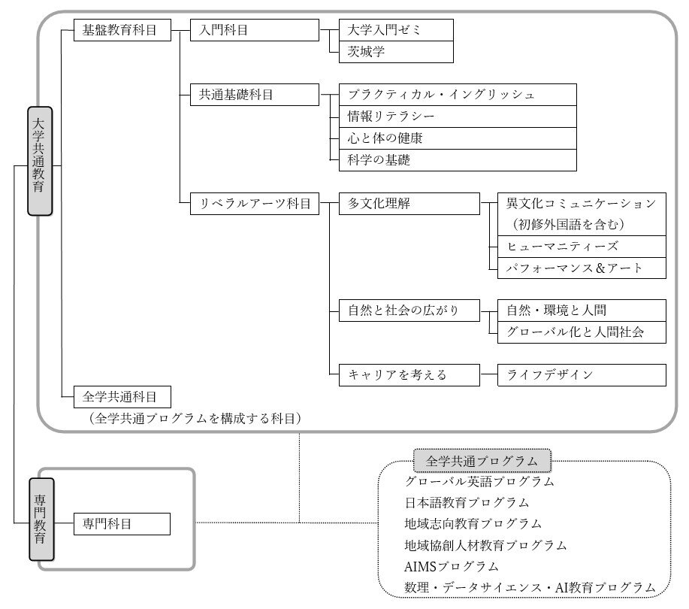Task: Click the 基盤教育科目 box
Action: (122, 30)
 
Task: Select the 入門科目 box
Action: (255, 30)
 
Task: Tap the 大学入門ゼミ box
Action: (396, 30)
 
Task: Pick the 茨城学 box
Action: (396, 52)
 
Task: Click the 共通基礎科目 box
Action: (255, 95)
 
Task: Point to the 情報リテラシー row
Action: (458, 117)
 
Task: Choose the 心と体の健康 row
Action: (458, 138)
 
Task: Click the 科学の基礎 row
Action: (458, 160)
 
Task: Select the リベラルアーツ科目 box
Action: (255, 204)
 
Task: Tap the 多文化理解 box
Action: (409, 204)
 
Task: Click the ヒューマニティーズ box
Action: (582, 247)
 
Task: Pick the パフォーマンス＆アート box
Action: (582, 268)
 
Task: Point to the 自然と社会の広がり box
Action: (409, 311)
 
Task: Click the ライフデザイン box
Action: (582, 375)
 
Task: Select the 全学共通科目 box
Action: (122, 397)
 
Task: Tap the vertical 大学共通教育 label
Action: (40, 161)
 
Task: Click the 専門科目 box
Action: (122, 524)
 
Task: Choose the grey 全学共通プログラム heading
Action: (482, 461)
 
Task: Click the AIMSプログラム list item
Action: (452, 566)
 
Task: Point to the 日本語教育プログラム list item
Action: (467, 502)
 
